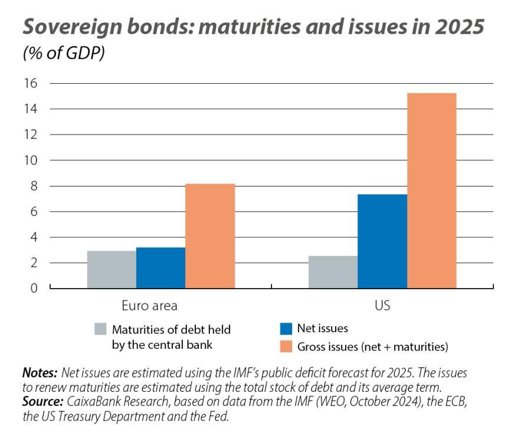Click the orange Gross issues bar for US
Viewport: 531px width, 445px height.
[431, 191]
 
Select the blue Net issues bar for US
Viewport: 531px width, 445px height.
[382, 241]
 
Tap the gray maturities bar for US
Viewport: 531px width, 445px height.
[333, 272]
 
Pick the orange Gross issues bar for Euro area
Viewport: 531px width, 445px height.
[210, 236]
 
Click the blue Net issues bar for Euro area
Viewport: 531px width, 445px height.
[160, 267]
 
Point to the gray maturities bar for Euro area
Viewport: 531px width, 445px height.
[112, 270]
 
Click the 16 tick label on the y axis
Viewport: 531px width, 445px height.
[30, 83]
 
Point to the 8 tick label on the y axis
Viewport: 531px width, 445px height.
[34, 186]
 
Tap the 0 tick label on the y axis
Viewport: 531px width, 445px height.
[34, 289]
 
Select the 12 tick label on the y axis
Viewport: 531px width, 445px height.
[30, 135]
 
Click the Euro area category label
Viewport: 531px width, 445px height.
[149, 306]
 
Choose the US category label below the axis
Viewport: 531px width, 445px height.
[382, 306]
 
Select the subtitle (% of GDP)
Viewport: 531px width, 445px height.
[64, 53]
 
